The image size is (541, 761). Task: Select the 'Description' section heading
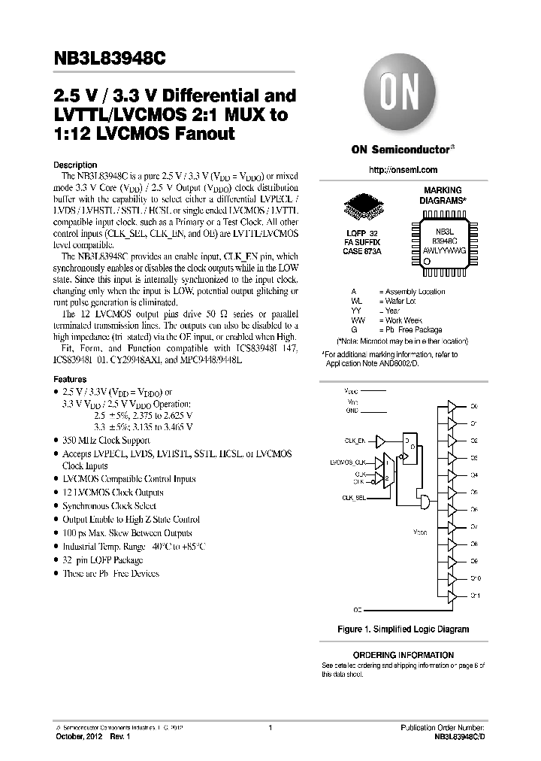[x=75, y=165]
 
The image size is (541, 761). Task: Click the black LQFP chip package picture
[x=364, y=211]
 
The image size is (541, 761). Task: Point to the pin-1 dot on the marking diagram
[x=427, y=261]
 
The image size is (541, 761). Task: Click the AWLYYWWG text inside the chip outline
[x=444, y=249]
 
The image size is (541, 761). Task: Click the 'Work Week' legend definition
[x=405, y=320]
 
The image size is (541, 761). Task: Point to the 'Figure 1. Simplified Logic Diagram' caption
[x=403, y=629]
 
